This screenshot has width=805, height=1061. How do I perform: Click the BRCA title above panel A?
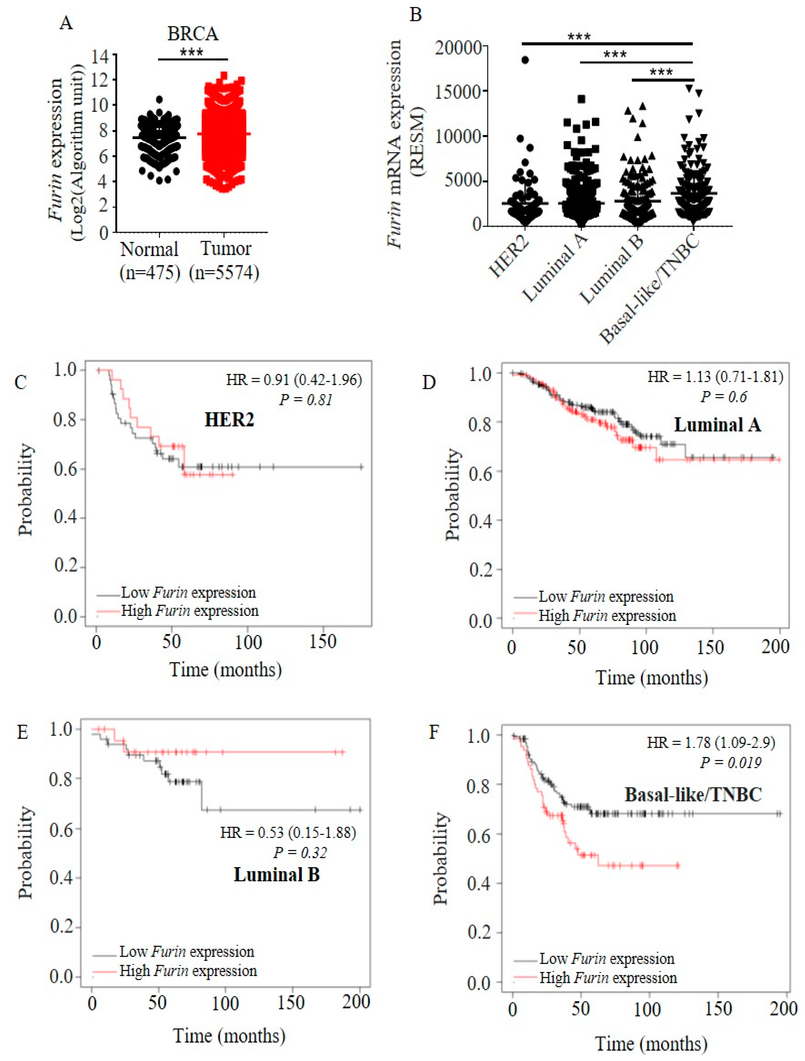coord(192,34)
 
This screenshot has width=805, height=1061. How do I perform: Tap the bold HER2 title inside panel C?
coord(229,420)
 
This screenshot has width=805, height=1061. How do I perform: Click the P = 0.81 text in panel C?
coord(306,399)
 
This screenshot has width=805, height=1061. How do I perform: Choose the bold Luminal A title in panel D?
coord(717,425)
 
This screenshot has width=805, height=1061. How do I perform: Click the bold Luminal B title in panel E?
coord(277,874)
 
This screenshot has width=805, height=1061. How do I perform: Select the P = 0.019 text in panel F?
coord(730,762)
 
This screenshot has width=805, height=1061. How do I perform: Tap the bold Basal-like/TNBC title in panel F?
coord(693,795)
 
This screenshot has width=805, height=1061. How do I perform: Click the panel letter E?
coord(22,733)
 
